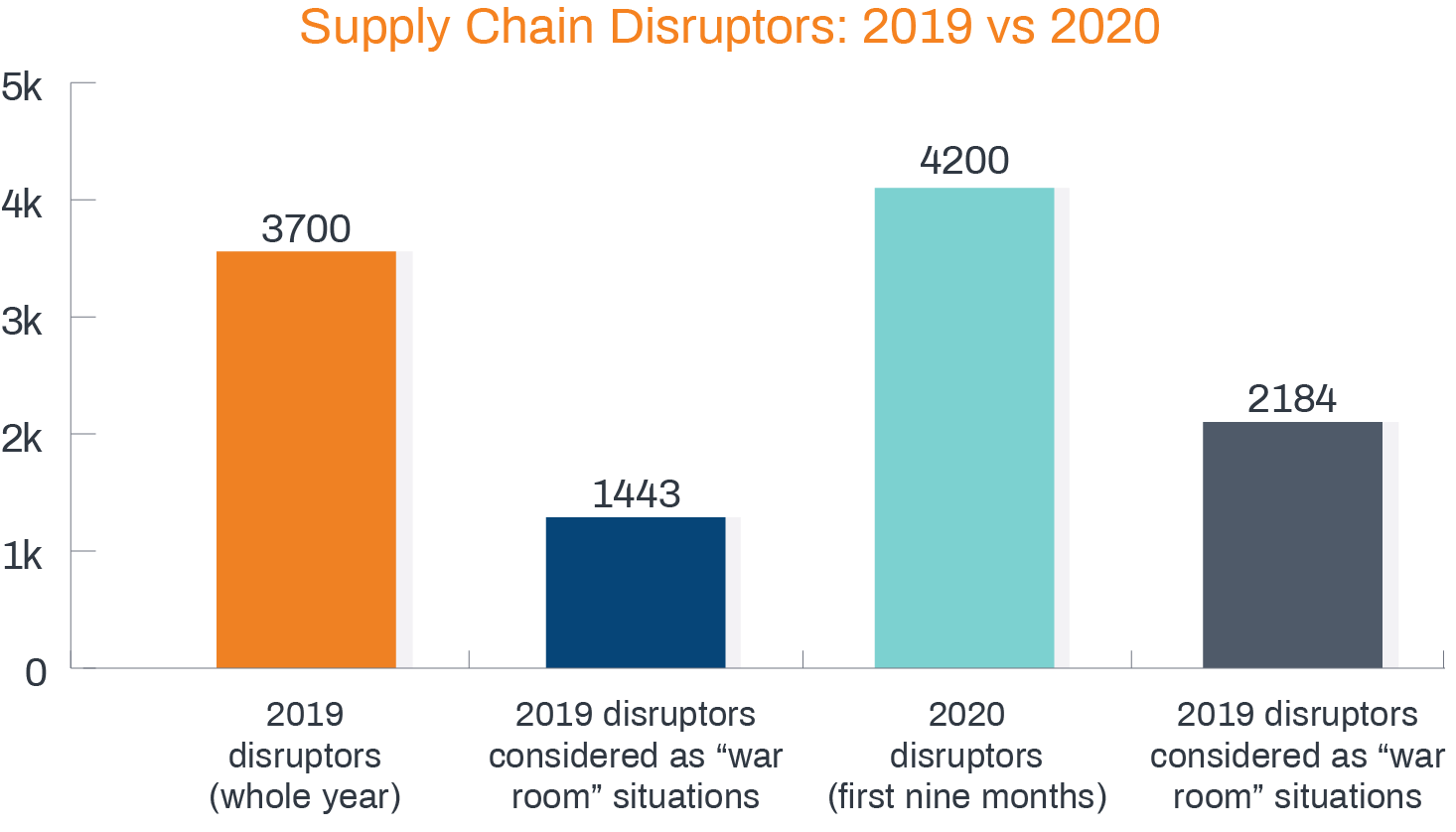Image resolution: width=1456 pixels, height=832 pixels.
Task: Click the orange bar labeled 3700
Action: pyautogui.click(x=306, y=459)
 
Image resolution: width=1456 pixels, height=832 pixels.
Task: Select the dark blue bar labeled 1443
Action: pyautogui.click(x=636, y=592)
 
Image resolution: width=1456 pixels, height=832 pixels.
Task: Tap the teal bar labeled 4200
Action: pyautogui.click(x=963, y=427)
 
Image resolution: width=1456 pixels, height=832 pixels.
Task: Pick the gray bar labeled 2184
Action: pyautogui.click(x=1292, y=544)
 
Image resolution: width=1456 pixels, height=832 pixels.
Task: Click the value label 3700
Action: pyautogui.click(x=306, y=229)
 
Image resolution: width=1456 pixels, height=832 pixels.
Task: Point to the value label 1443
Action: pyautogui.click(x=636, y=494)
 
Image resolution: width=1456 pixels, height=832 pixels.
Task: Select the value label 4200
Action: pyautogui.click(x=964, y=161)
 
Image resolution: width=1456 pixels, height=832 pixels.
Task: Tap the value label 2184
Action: pyautogui.click(x=1292, y=399)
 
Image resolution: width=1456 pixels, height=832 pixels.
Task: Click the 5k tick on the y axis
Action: pyautogui.click(x=22, y=87)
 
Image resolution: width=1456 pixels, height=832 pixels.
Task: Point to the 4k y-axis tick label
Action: pyautogui.click(x=22, y=205)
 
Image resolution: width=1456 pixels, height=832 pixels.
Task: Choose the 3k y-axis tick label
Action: pyautogui.click(x=22, y=322)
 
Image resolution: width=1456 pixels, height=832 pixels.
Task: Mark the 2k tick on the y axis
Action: pyautogui.click(x=22, y=439)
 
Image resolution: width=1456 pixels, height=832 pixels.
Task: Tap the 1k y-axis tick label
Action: pyautogui.click(x=22, y=556)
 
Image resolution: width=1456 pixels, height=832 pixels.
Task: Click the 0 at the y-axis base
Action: pyautogui.click(x=36, y=673)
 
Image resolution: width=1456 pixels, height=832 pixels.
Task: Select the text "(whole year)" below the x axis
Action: pyautogui.click(x=305, y=797)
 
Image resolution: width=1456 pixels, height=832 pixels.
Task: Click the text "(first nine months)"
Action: pyautogui.click(x=966, y=797)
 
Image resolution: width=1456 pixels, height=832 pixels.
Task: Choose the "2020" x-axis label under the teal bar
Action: pyautogui.click(x=966, y=714)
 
